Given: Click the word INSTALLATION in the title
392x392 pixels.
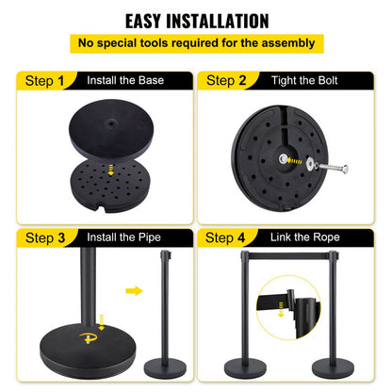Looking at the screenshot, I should [x=221, y=20].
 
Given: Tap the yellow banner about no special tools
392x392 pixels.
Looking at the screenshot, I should [x=195, y=42].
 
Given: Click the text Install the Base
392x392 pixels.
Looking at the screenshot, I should [x=127, y=81].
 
